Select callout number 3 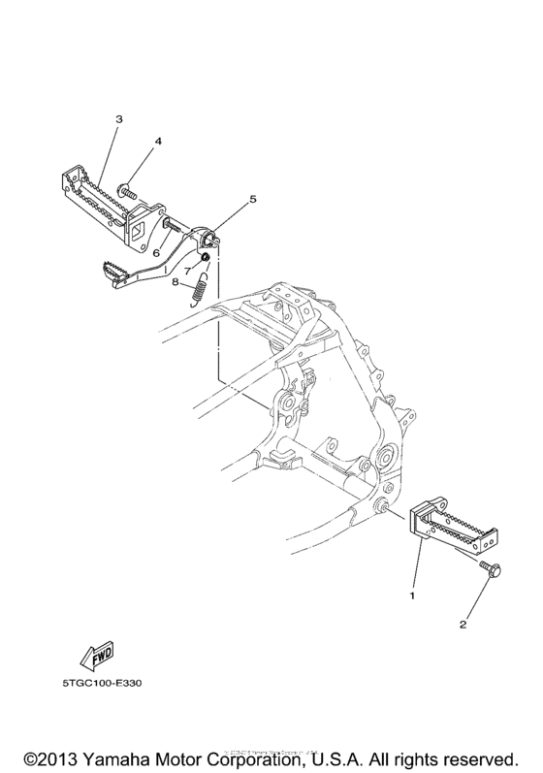coord(119,119)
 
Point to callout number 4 coord(158,142)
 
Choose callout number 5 coord(252,199)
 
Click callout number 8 coord(176,283)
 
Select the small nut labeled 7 coord(205,258)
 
